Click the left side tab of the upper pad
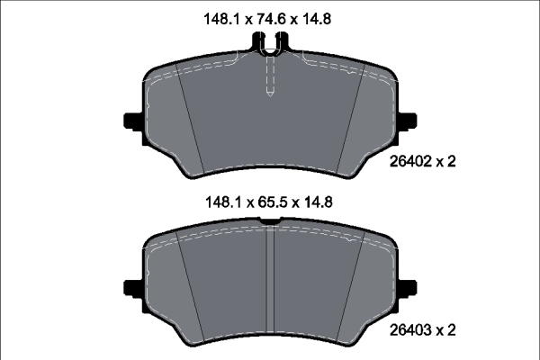(x=129, y=121)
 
